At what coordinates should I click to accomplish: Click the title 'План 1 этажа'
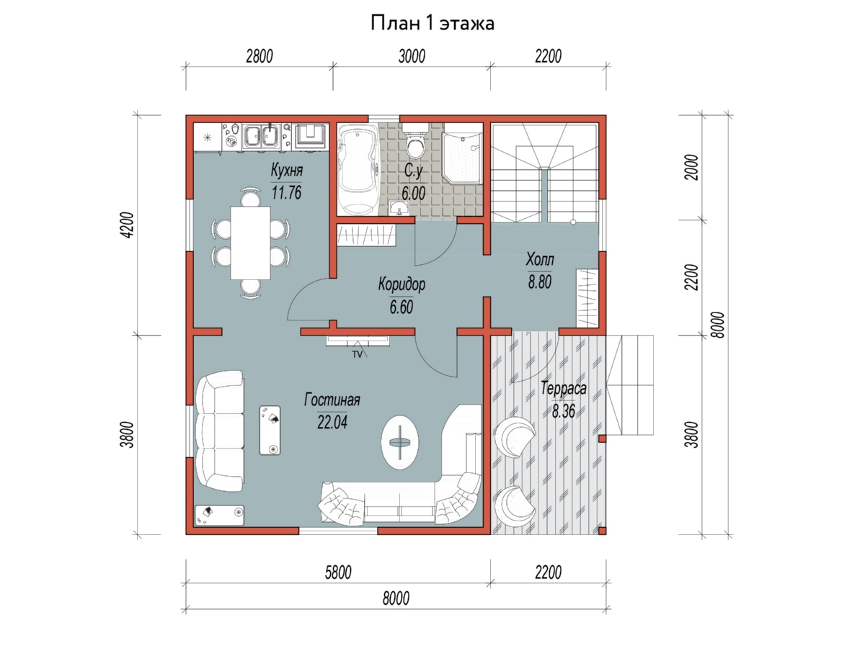tap(432, 24)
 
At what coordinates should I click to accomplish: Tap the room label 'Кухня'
tap(286, 171)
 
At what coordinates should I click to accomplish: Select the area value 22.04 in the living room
tap(332, 423)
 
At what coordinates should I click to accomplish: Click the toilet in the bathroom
tap(415, 141)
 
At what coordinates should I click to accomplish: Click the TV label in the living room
tap(357, 354)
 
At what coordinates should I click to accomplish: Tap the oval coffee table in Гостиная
tap(400, 442)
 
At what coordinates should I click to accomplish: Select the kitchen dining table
tap(250, 243)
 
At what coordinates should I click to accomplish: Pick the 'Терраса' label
tap(564, 389)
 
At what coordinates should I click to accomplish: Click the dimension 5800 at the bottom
tap(338, 573)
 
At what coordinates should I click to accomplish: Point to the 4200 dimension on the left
tap(128, 225)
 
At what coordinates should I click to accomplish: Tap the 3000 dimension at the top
tap(412, 57)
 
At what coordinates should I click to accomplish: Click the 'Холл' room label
tap(540, 260)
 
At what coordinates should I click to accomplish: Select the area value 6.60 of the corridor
tap(402, 307)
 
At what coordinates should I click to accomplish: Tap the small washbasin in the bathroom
tap(399, 208)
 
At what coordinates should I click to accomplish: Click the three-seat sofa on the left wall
tap(220, 431)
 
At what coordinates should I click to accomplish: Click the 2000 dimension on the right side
tap(692, 168)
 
